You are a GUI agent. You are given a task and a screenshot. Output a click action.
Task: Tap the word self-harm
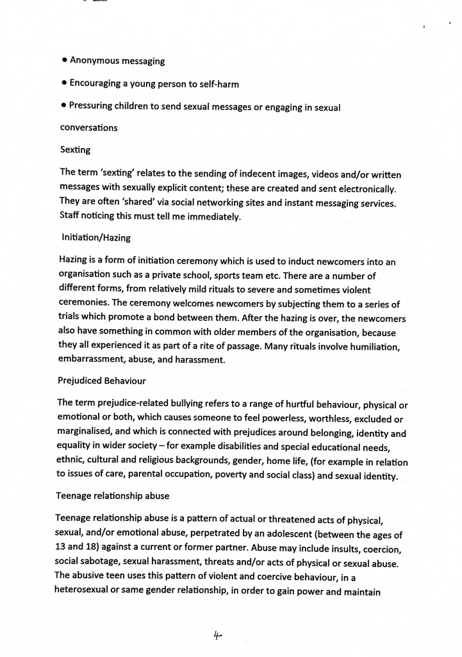point(219,83)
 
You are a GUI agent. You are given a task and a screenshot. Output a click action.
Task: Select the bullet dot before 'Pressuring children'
point(64,106)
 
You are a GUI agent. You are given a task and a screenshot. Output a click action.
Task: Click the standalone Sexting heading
point(75,149)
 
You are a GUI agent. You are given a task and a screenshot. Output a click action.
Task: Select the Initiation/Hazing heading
point(96,237)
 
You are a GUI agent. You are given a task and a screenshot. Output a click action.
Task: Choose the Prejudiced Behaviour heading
point(101,380)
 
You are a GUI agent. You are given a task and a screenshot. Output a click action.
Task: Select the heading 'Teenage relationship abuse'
point(112,496)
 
